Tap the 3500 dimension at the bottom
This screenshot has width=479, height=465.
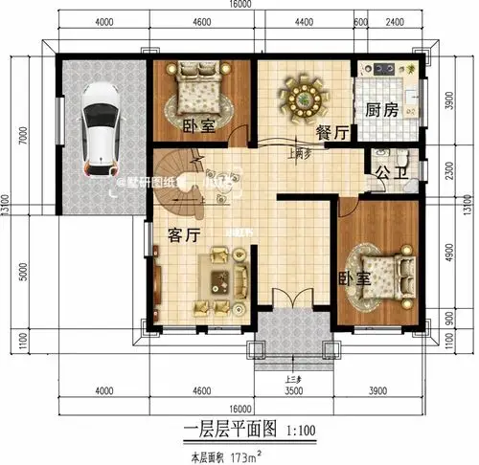294,390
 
